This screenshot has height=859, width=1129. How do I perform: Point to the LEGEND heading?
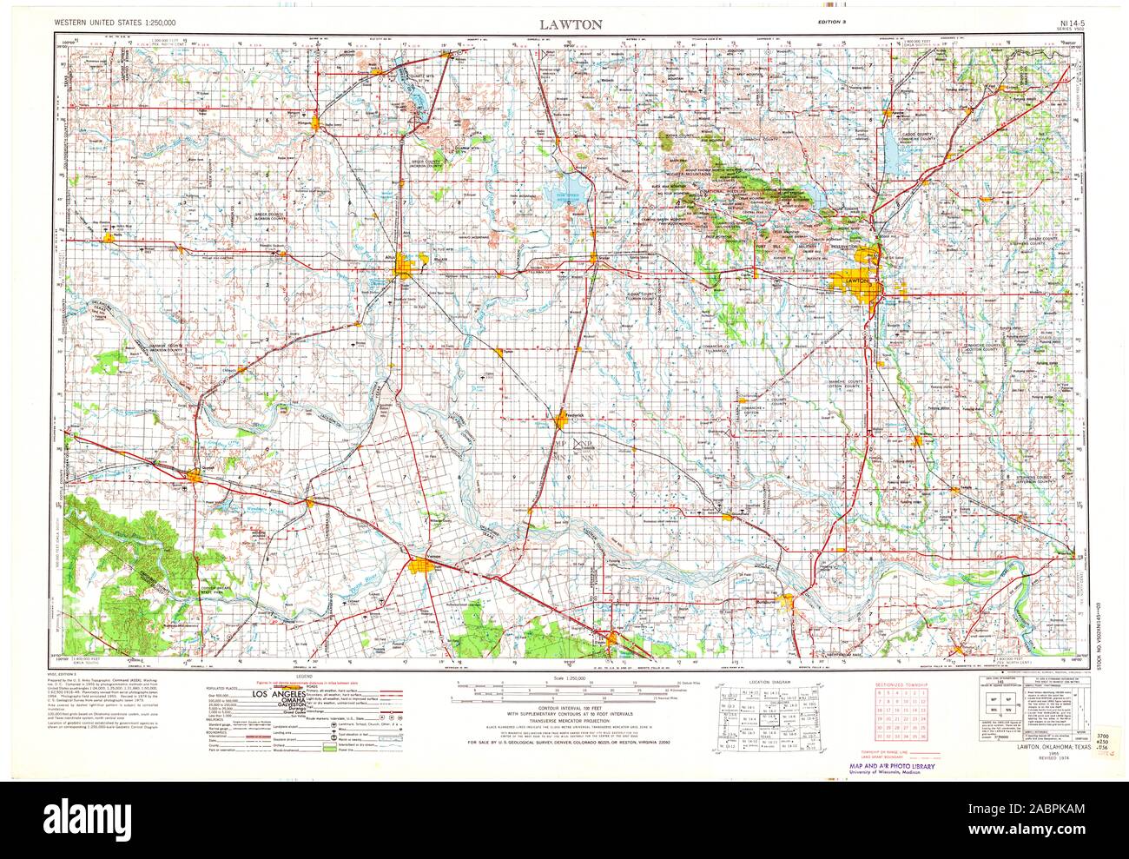(x=305, y=677)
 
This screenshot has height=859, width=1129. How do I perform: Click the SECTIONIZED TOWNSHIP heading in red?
(x=901, y=686)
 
